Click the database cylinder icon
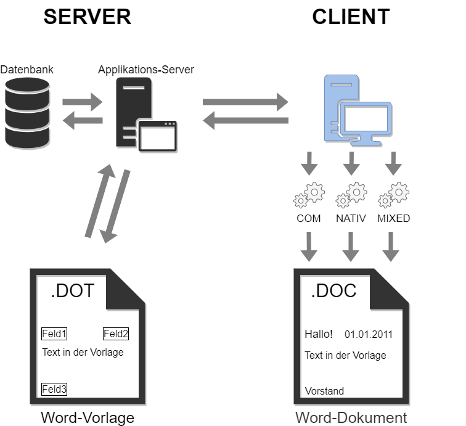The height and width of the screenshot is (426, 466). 27,112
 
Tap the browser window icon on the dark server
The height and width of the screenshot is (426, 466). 157,136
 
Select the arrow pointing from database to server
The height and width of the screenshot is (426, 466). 82,102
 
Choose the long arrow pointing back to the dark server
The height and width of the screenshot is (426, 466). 245,121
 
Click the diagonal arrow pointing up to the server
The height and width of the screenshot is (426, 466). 99,200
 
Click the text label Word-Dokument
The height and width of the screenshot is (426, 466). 351,417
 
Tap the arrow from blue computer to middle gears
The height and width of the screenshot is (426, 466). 351,163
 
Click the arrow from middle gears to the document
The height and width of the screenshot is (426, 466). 351,247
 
